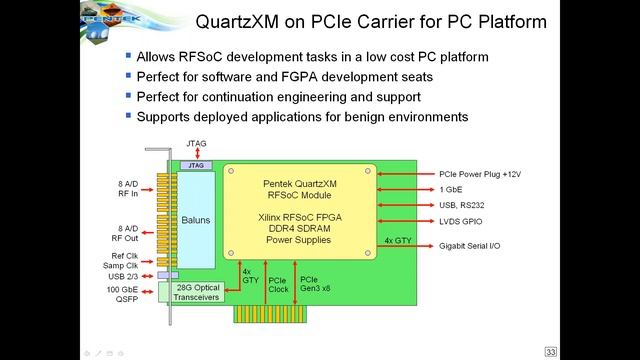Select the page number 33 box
coord(550,351)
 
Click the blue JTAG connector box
coord(195,165)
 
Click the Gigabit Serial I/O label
coord(479,245)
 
